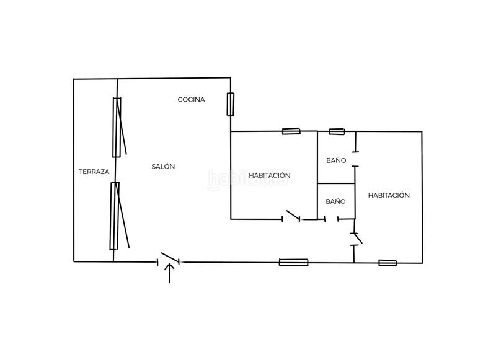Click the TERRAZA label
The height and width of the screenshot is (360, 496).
click(x=94, y=172)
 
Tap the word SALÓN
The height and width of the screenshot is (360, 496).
click(x=163, y=167)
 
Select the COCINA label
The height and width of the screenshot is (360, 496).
click(x=191, y=100)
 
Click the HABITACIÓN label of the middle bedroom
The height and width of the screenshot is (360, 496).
click(x=270, y=175)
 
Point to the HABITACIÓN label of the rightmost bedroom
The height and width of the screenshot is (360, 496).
click(x=389, y=195)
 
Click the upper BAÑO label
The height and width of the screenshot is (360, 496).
click(x=336, y=160)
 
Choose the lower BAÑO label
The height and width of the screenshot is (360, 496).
click(x=335, y=201)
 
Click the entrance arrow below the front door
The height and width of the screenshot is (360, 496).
click(x=169, y=273)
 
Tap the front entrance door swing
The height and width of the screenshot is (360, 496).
click(x=169, y=258)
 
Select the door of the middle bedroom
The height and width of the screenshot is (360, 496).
click(x=293, y=216)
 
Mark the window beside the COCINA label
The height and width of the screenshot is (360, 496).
click(x=230, y=104)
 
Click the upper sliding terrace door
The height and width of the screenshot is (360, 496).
click(x=118, y=127)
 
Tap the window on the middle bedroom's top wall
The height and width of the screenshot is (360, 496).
click(x=291, y=131)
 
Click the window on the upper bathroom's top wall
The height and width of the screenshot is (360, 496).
click(x=337, y=131)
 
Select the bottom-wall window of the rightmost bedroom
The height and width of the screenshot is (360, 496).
click(x=387, y=263)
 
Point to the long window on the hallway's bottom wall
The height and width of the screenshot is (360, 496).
click(x=293, y=262)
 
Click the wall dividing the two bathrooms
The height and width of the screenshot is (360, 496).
click(x=336, y=183)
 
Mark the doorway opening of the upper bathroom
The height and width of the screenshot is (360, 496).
click(x=355, y=159)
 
